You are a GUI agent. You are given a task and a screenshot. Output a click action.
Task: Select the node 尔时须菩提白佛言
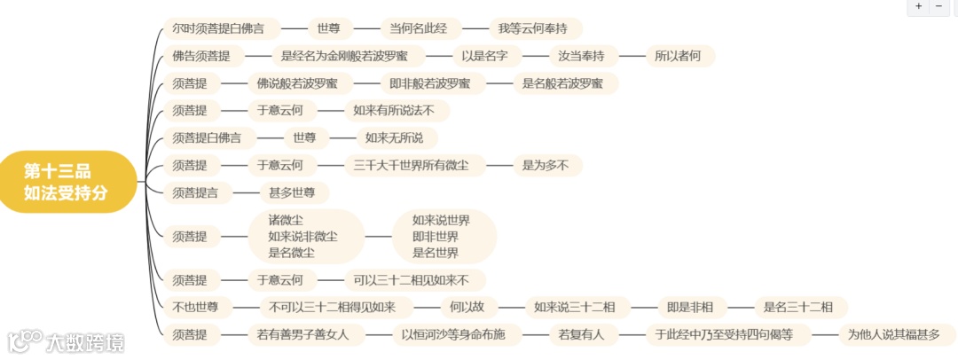click(218, 28)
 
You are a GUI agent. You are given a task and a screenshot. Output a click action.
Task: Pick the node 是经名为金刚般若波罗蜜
click(344, 56)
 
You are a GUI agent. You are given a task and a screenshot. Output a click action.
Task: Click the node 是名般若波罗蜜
click(565, 83)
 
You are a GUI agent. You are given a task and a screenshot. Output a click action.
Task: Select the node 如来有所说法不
click(394, 111)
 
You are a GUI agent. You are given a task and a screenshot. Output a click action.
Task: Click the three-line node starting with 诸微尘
click(303, 236)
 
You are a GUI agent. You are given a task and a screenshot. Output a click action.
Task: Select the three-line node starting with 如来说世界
click(441, 236)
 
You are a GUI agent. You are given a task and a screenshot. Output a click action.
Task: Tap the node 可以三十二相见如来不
click(412, 280)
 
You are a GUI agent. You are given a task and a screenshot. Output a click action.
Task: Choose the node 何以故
click(466, 308)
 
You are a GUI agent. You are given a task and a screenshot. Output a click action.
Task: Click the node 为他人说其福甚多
click(894, 334)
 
